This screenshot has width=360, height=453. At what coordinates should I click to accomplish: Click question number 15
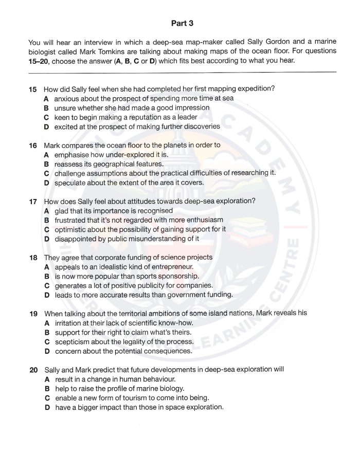click(x=33, y=89)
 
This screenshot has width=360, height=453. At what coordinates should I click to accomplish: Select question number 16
click(x=33, y=145)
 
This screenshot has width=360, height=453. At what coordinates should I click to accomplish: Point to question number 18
click(x=33, y=257)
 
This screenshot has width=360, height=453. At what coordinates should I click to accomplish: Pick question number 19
click(x=33, y=313)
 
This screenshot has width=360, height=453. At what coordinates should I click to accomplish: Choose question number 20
click(x=33, y=369)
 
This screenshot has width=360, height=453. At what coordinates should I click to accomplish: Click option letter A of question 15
click(x=46, y=98)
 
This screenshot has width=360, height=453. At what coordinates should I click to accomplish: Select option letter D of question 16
click(x=46, y=183)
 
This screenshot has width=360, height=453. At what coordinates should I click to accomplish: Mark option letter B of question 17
click(x=46, y=220)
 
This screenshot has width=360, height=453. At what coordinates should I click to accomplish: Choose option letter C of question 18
click(x=46, y=285)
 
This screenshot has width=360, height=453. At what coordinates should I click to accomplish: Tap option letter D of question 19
click(x=46, y=351)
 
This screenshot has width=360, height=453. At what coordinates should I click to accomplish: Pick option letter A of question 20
click(x=46, y=379)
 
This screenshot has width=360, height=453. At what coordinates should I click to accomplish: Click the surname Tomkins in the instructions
click(x=95, y=51)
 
